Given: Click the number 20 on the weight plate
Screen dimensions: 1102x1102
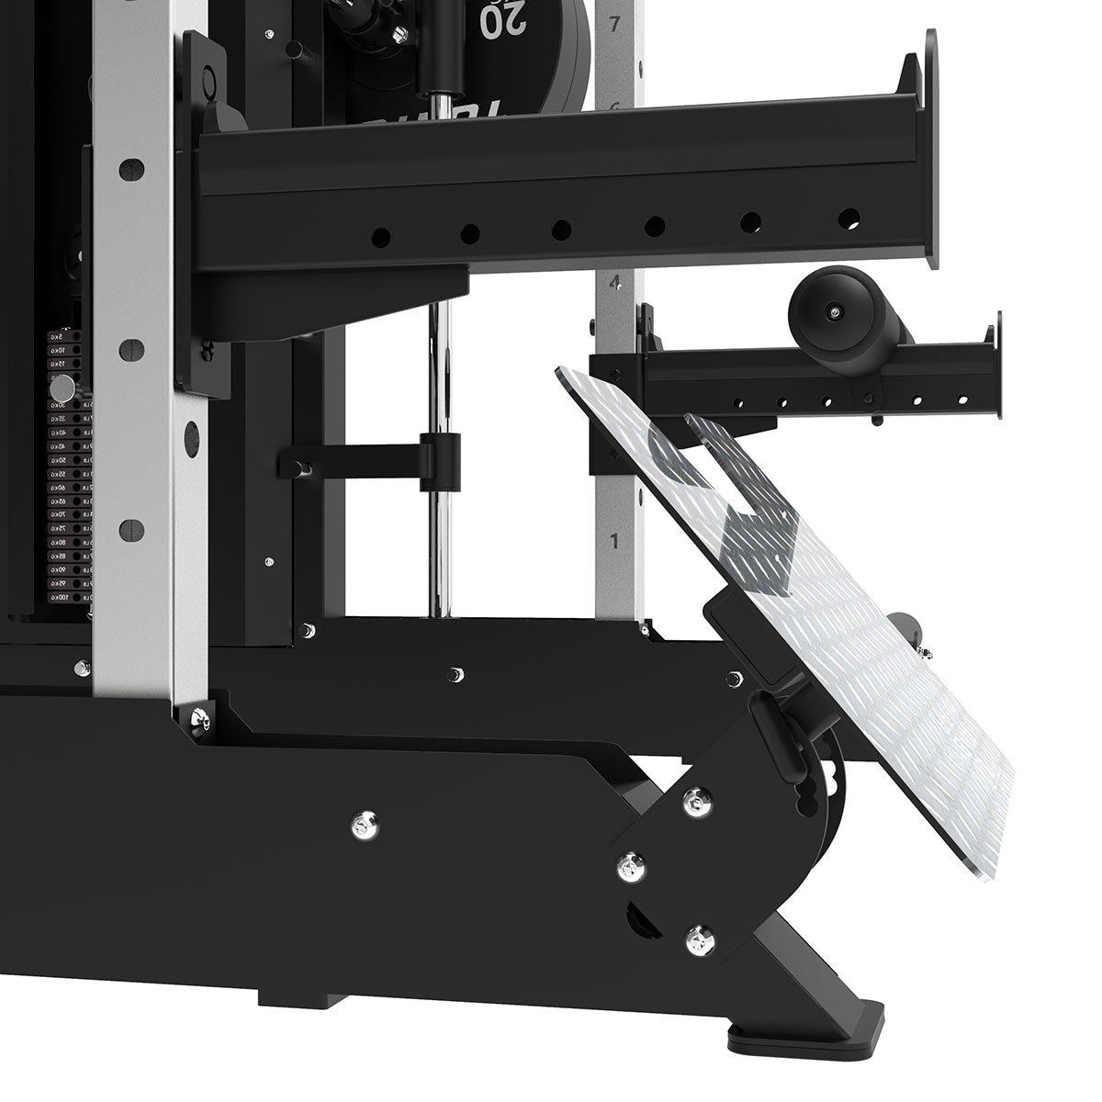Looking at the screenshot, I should click(500, 17).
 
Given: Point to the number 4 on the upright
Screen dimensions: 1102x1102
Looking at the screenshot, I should click(615, 282).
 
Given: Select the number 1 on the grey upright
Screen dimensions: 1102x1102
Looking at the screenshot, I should click(615, 538).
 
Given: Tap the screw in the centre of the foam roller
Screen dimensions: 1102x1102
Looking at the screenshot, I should click(832, 314).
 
